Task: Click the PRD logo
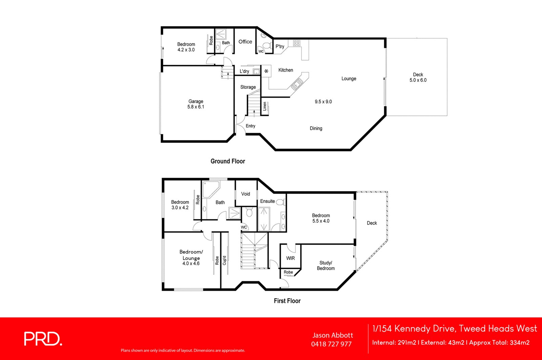tap(43, 339)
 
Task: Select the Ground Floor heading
tap(228, 161)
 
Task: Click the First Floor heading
tap(287, 301)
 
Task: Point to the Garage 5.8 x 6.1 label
tap(196, 104)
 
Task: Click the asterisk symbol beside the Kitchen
tap(266, 71)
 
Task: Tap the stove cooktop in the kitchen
tap(296, 43)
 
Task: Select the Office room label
tap(245, 42)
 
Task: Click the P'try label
tap(280, 46)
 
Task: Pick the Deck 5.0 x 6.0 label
tap(418, 77)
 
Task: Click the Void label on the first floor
tap(246, 194)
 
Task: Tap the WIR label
tap(290, 258)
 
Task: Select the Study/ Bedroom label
tap(326, 266)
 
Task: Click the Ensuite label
tap(267, 201)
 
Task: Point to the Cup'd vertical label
tap(224, 260)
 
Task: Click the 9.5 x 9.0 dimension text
tap(323, 102)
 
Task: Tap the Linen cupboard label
tap(265, 106)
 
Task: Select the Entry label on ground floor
tap(250, 126)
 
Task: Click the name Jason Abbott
tap(332, 335)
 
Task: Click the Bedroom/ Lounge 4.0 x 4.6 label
tap(191, 257)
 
